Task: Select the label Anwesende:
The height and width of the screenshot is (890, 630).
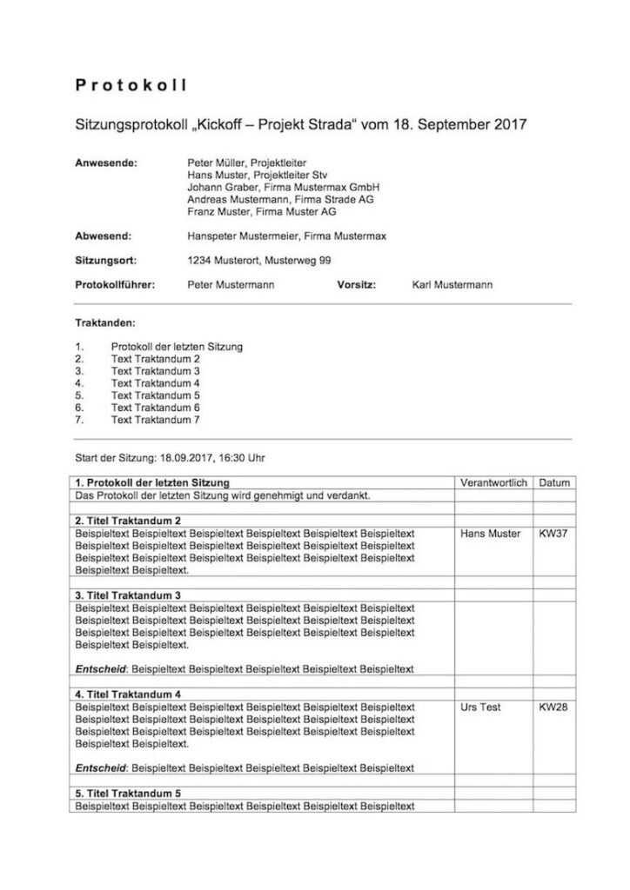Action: coord(106,163)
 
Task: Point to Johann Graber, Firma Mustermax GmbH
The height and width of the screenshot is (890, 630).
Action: coord(283,187)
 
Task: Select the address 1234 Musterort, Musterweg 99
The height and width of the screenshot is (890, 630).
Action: coord(258,260)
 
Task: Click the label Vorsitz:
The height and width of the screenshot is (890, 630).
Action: coord(356,284)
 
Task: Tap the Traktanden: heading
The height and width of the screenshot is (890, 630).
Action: coord(104,322)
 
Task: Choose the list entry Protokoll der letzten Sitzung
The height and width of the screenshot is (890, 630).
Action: coord(177,346)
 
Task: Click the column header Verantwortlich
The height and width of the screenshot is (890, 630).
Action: coord(493,482)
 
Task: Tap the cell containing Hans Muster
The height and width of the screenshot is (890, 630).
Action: coord(490,533)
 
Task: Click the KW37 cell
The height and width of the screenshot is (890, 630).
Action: coord(553,533)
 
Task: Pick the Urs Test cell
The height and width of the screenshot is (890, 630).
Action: coord(480,707)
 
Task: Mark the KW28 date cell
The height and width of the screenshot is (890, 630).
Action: coord(553,707)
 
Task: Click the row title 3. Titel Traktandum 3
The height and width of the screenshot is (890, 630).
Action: coord(129,595)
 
